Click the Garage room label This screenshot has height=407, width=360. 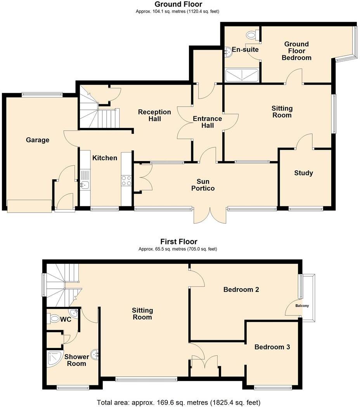coord(38,140)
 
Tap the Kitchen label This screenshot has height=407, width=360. coord(104,158)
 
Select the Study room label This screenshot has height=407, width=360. coord(303,173)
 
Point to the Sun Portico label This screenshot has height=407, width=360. coord(205,185)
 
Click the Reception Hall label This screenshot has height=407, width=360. coord(154,115)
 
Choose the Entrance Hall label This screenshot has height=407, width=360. coord(207,122)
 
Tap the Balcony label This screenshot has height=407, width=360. coord(302,306)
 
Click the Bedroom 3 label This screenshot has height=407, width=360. coord(272,347)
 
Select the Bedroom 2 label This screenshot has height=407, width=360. coord(241,289)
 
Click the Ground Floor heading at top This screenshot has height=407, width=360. coord(178,5)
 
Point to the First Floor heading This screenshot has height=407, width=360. coord(179,242)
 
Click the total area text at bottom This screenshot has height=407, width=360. coord(178,402)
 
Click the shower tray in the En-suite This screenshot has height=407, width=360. coord(242,75)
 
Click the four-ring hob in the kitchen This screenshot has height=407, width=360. coord(126,181)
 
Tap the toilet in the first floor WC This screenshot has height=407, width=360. coord(55,319)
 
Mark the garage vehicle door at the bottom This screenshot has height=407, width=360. coord(29,206)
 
